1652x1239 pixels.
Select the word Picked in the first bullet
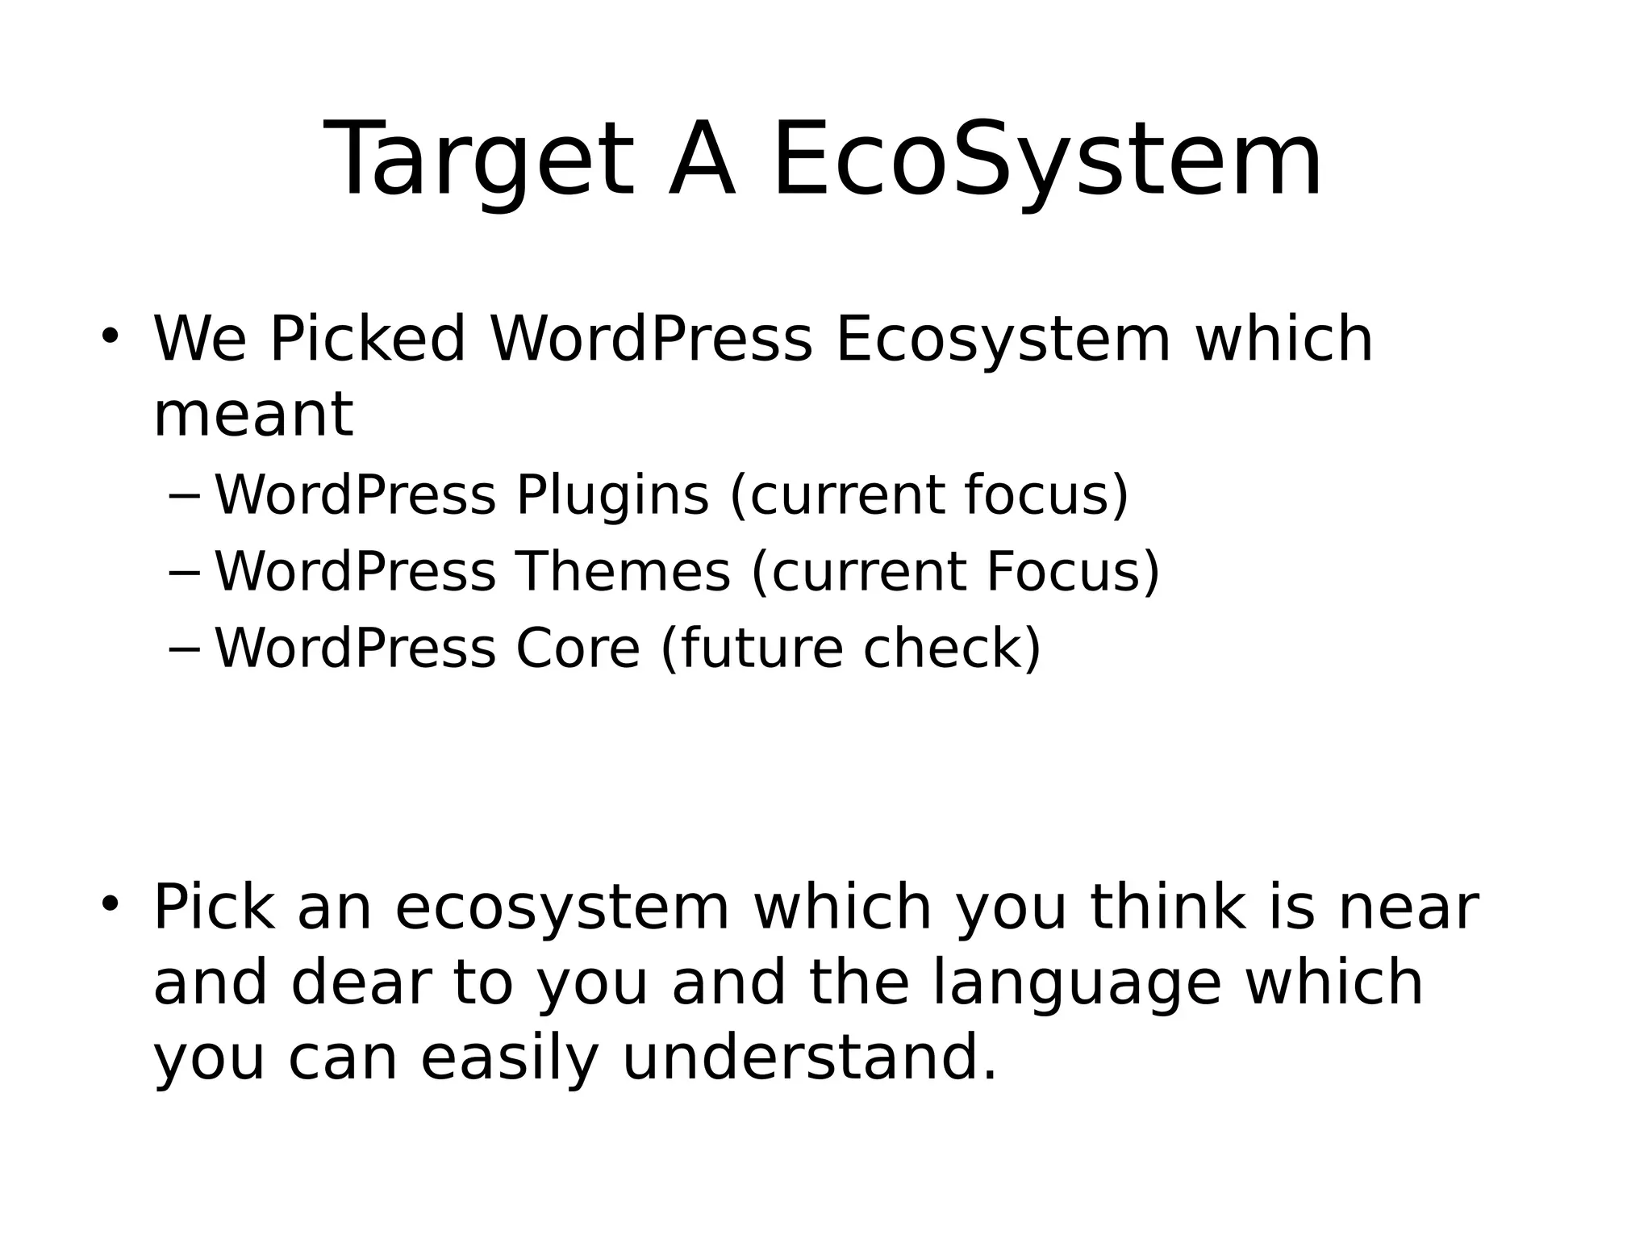pyautogui.click(x=368, y=339)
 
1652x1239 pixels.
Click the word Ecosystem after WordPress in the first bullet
pyautogui.click(x=1002, y=339)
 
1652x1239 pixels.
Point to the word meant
pyautogui.click(x=253, y=415)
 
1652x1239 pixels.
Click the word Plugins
pyautogui.click(x=612, y=494)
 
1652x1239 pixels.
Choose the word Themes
pyautogui.click(x=624, y=571)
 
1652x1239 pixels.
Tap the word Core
pyautogui.click(x=578, y=648)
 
